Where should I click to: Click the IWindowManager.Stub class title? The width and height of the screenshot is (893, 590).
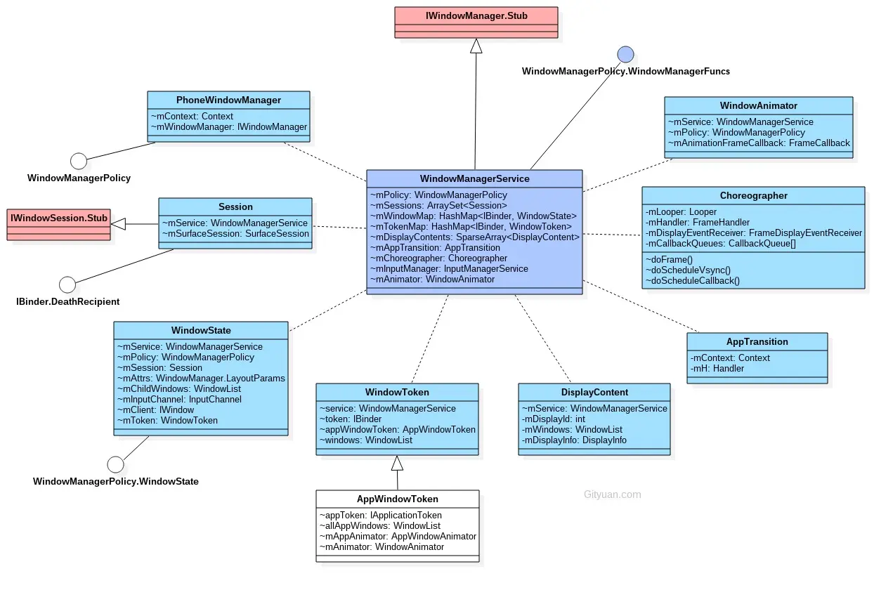(476, 15)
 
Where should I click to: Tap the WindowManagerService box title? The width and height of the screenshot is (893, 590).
(475, 179)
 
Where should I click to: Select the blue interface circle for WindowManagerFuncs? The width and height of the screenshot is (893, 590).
(625, 54)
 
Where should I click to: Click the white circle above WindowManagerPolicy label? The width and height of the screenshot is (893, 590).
(79, 162)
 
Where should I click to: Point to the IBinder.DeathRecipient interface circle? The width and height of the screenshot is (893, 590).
(67, 284)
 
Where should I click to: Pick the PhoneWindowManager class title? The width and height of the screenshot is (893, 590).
(228, 100)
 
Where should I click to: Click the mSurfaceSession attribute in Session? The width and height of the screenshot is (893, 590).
(235, 234)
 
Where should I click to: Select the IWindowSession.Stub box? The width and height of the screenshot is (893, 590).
(59, 218)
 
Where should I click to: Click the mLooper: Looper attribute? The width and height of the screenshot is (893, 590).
(672, 212)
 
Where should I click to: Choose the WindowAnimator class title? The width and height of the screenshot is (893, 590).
(759, 106)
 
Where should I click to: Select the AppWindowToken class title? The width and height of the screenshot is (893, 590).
(397, 499)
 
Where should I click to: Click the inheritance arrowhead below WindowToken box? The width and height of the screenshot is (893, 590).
(397, 463)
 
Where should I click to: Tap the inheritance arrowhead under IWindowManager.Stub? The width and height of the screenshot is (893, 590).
(476, 46)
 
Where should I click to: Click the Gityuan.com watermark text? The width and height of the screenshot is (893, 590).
(612, 494)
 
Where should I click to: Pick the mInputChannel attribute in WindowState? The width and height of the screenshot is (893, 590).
(180, 400)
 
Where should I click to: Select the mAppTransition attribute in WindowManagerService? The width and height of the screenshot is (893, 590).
(435, 248)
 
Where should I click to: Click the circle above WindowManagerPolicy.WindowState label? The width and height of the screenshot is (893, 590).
(115, 464)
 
